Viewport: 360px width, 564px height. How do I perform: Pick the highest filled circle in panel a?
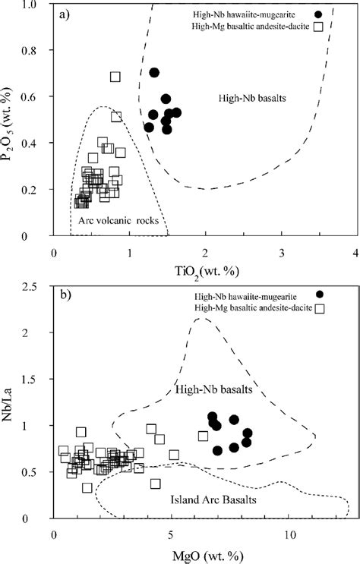pos(154,73)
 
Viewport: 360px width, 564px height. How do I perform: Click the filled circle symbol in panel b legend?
pos(320,294)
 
